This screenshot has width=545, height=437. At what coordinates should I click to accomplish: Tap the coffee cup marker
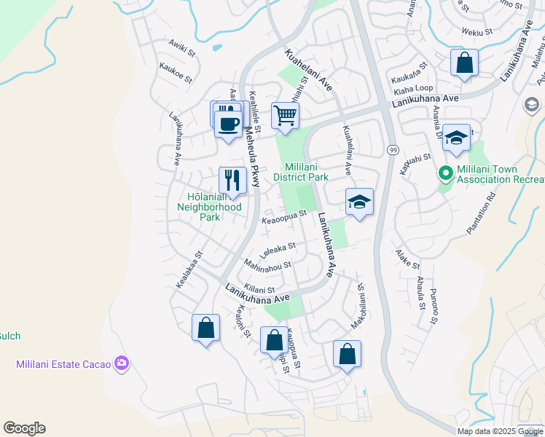point(229,123)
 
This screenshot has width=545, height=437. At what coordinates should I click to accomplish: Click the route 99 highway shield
point(392,149)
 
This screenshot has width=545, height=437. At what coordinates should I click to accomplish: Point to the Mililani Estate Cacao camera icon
point(122,363)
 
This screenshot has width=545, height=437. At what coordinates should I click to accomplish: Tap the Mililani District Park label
point(301,171)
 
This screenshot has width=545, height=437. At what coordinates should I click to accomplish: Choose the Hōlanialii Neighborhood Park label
point(210,207)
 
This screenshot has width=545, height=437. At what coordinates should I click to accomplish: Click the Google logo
point(24,428)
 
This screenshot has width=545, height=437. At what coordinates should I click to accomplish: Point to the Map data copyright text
point(499,431)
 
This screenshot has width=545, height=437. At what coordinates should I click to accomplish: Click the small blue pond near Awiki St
point(217,49)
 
